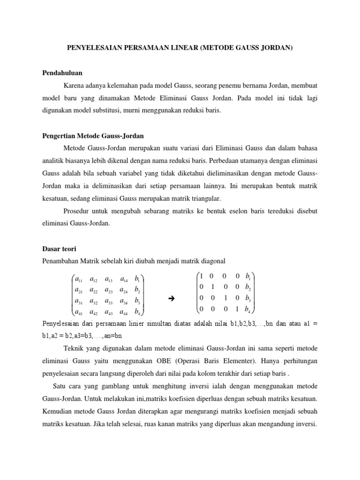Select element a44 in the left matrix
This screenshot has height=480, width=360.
click(124, 312)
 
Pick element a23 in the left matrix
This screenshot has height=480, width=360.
click(109, 289)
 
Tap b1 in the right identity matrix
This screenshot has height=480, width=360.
click(248, 276)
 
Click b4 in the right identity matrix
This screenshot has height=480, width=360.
click(248, 309)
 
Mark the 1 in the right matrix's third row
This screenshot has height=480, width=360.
click(225, 298)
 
